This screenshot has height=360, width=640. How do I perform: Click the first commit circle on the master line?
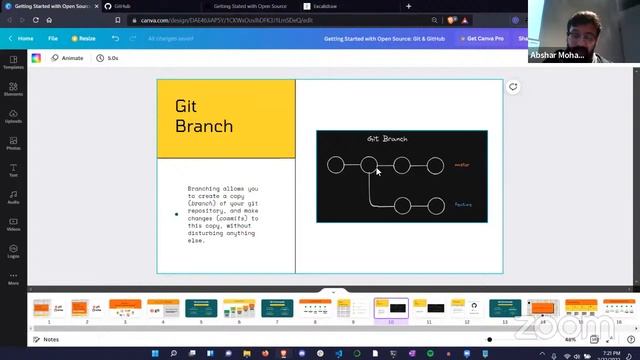click(x=336, y=165)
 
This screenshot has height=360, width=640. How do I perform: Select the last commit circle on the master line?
click(x=435, y=165)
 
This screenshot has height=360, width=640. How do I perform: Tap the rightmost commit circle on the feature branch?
click(x=435, y=206)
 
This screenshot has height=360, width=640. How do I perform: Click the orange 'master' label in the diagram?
click(x=462, y=165)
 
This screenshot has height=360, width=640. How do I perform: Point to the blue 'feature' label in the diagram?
click(x=463, y=205)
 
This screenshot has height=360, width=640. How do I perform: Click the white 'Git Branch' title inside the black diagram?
click(x=387, y=139)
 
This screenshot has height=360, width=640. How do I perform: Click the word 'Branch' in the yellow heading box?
click(x=203, y=126)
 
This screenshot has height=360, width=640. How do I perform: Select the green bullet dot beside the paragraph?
click(x=177, y=214)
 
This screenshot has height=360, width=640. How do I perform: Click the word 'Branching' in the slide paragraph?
click(x=207, y=188)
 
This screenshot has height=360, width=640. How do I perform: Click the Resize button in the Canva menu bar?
click(x=84, y=38)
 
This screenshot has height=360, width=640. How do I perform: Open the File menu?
click(x=53, y=38)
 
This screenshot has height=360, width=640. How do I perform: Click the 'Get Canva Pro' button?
click(x=486, y=38)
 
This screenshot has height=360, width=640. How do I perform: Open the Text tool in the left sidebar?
click(x=13, y=170)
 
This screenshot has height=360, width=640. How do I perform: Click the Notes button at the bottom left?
click(x=46, y=339)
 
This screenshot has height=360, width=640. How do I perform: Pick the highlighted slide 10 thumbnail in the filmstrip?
click(x=391, y=308)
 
